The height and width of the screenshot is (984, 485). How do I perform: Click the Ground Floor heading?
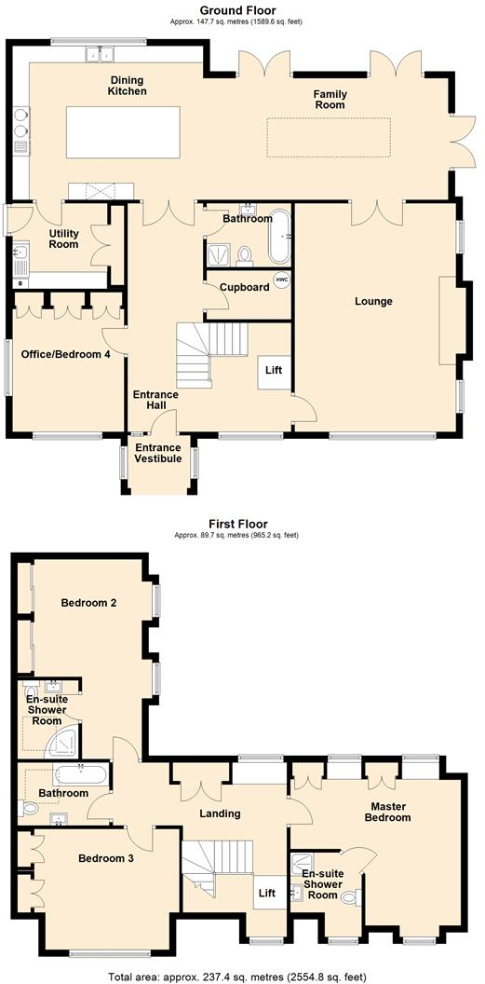coord(236,10)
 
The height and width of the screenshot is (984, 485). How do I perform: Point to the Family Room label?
coord(330,100)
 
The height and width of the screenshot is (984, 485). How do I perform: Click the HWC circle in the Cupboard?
coord(280,280)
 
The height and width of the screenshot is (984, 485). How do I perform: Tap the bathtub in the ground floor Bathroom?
coord(280,238)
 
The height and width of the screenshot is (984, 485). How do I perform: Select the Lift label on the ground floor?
coord(274,371)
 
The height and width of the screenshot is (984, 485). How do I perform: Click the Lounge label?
coord(373,301)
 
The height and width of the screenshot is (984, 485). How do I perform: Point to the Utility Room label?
coord(64,239)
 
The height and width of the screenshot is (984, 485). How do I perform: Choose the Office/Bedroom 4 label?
coord(66,354)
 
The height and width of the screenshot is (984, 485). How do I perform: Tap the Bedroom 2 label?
coord(88,603)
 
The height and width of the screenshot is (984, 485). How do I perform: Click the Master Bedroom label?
coord(390,812)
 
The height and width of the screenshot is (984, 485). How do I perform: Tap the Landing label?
coord(221,813)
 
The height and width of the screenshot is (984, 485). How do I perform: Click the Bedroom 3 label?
coord(105,858)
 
